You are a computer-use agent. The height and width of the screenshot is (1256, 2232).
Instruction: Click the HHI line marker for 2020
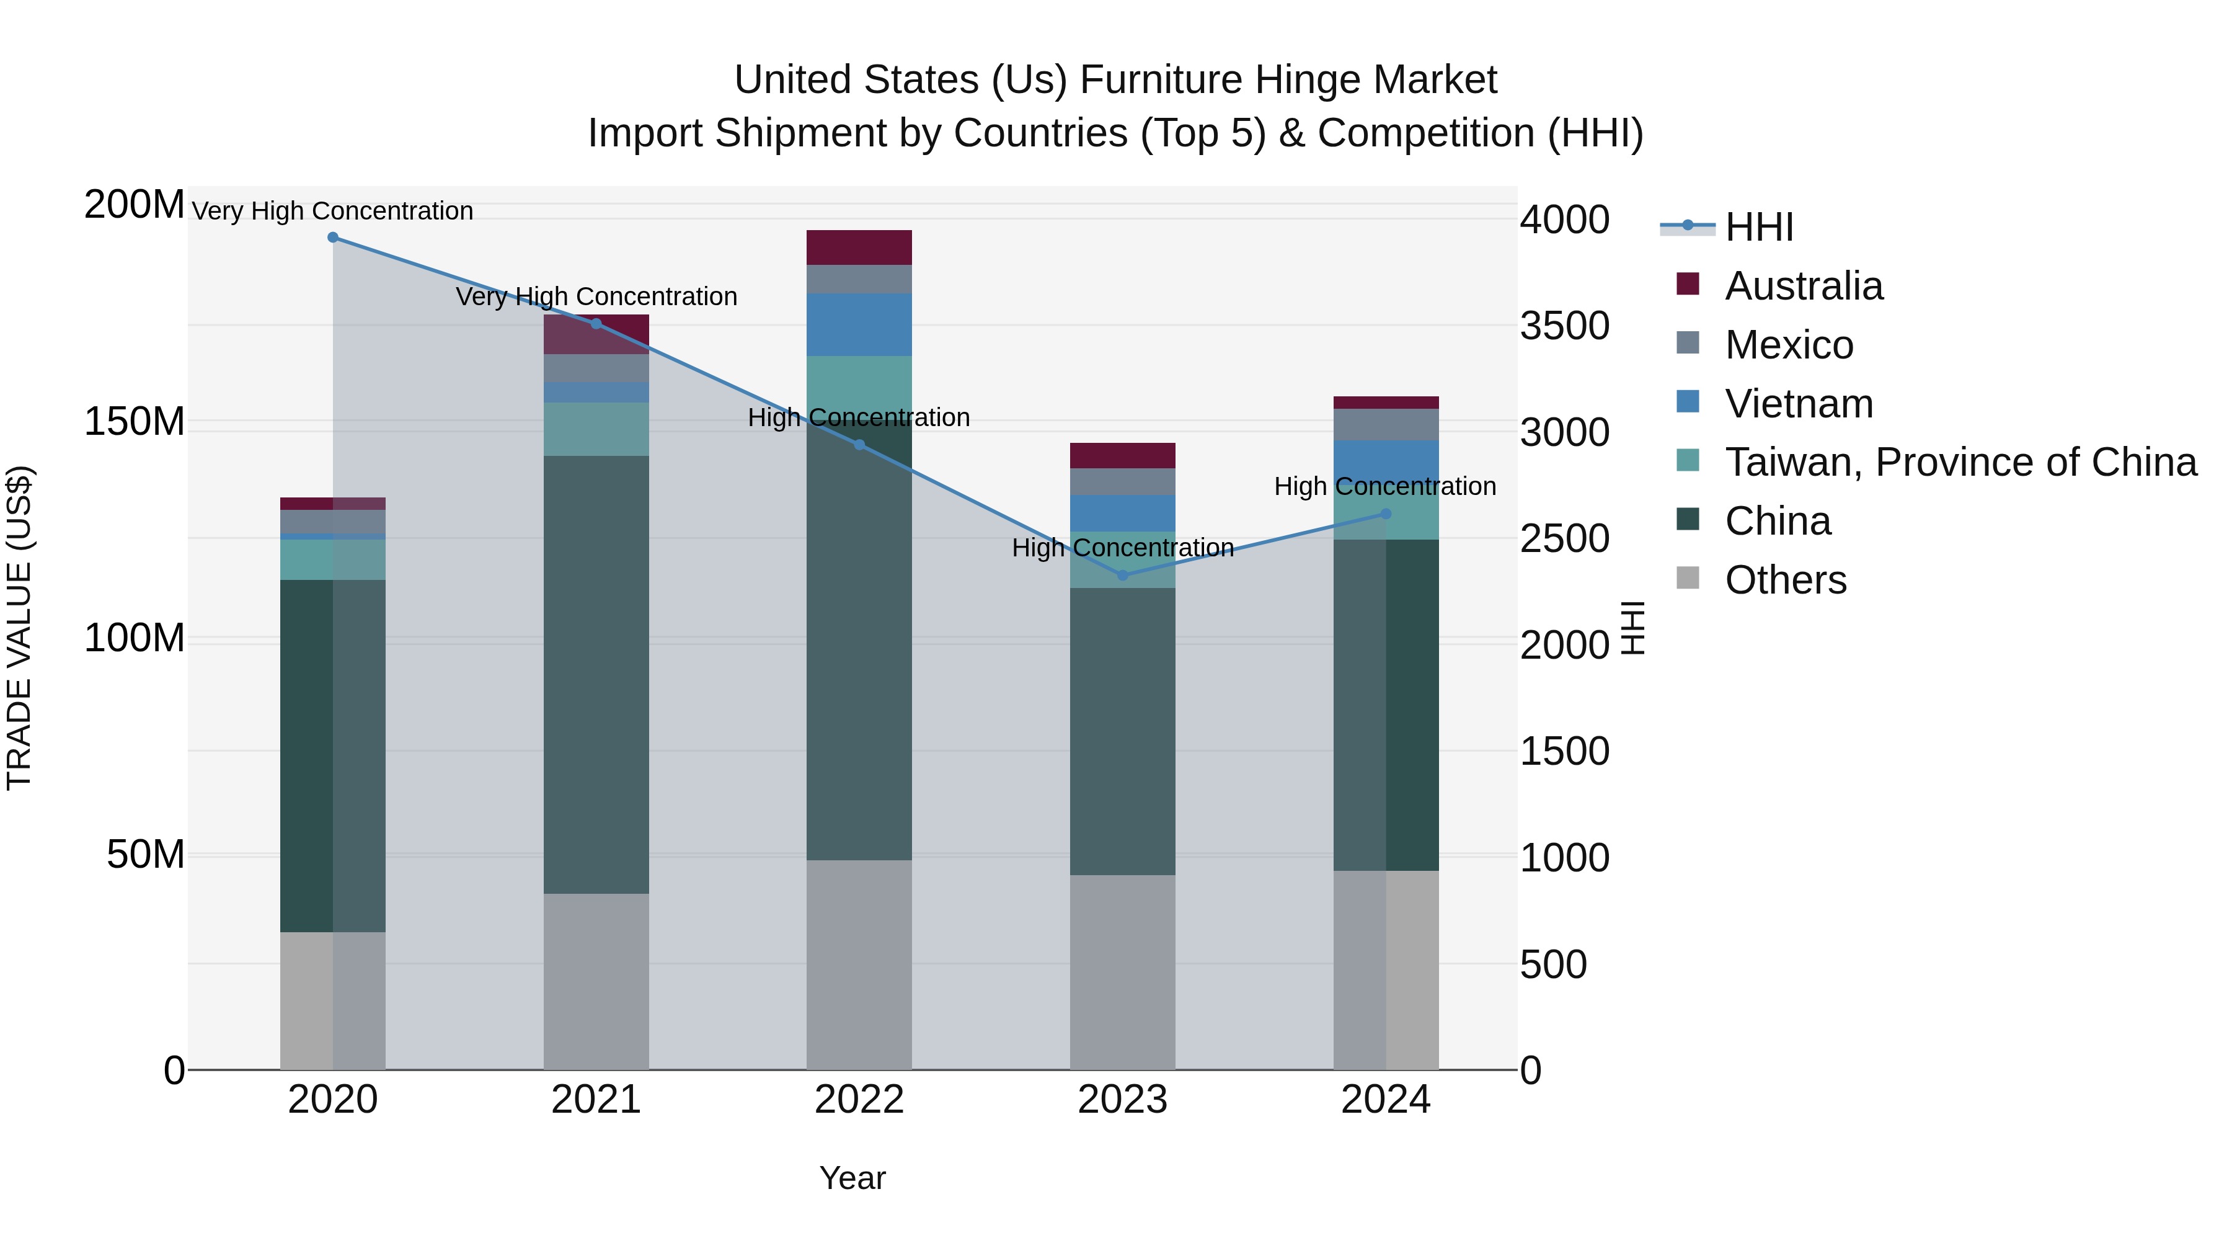(x=333, y=238)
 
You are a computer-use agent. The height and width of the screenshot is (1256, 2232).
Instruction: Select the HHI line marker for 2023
(x=1122, y=576)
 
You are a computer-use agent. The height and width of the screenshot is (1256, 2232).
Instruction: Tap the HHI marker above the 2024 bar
(x=1386, y=514)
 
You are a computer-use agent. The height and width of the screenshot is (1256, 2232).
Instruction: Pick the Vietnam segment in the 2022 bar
(x=859, y=324)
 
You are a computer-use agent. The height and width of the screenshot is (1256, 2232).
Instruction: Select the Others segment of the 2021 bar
(x=596, y=981)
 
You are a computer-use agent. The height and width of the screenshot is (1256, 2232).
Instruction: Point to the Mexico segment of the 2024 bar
(x=1386, y=425)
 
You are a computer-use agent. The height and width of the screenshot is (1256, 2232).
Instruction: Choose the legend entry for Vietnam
(x=1798, y=404)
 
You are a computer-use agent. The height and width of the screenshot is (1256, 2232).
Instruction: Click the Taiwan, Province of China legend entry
(x=1960, y=462)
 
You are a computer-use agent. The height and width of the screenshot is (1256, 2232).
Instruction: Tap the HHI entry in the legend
(x=1758, y=227)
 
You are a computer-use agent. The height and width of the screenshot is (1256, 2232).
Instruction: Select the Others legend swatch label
(x=1785, y=580)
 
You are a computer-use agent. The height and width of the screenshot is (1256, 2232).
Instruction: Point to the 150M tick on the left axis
(x=135, y=422)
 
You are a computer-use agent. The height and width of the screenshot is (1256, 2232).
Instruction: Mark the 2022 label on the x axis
(x=859, y=1100)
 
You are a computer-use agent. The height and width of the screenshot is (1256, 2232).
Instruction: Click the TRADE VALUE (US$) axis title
(x=19, y=628)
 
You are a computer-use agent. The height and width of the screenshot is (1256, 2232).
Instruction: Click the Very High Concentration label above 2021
(x=596, y=296)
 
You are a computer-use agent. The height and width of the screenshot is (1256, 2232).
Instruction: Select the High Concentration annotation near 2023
(x=1122, y=548)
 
